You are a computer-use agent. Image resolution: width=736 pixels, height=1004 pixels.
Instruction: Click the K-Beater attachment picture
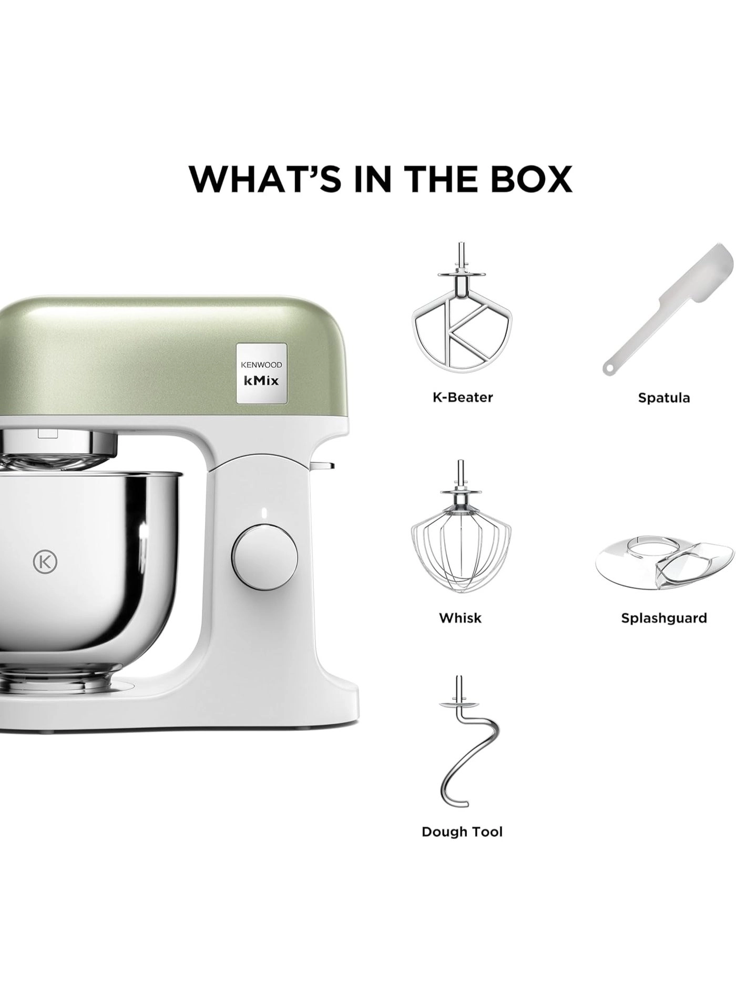pos(462,310)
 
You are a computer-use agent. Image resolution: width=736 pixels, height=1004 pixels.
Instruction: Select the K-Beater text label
pos(463,397)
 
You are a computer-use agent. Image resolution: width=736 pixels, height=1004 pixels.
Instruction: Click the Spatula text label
pos(664,398)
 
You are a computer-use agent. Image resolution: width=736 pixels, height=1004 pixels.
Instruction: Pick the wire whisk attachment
pos(461,532)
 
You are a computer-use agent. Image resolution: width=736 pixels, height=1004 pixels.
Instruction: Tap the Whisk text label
pos(461,618)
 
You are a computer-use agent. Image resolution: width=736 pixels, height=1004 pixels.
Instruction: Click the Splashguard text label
pos(664,618)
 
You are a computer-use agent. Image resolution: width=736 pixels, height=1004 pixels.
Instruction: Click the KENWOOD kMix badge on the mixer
pos(261,373)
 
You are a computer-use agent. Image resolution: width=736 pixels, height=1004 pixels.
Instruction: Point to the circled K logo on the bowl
pos(45,562)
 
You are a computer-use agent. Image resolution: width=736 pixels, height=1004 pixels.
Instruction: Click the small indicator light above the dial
pos(264,513)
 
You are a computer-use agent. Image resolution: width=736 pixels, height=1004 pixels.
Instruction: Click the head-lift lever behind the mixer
pos(321,464)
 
